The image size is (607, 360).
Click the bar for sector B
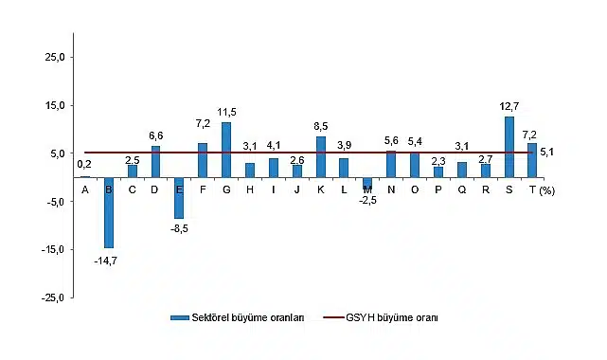(x=109, y=212)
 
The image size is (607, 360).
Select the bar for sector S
(x=509, y=147)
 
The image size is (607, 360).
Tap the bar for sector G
(x=226, y=150)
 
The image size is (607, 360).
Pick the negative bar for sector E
(x=179, y=197)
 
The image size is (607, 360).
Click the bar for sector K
(x=321, y=156)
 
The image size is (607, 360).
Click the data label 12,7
(x=509, y=106)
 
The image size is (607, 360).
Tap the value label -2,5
(x=367, y=200)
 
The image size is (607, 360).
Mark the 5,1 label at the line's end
(x=547, y=152)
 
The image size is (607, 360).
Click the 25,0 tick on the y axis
(x=53, y=57)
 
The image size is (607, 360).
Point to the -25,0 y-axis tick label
(x=50, y=298)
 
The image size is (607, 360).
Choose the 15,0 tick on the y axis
(x=53, y=105)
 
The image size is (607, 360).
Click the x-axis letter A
(x=85, y=189)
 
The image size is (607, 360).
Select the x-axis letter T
(x=533, y=189)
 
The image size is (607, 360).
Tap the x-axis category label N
(x=391, y=189)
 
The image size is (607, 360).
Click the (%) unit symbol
(x=548, y=190)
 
